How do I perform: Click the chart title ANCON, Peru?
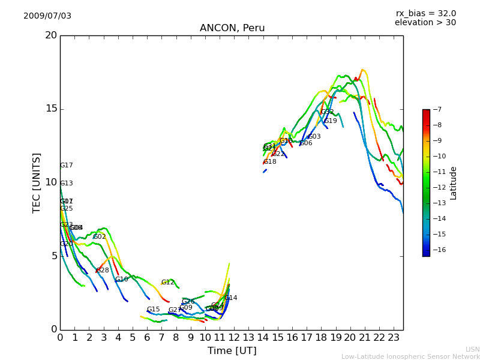pos(232,28)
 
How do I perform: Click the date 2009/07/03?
pos(47,16)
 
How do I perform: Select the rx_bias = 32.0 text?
pos(425,13)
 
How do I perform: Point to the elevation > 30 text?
pos(425,23)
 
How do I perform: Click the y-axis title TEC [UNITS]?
pos(37,182)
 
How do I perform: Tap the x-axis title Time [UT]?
pos(232,350)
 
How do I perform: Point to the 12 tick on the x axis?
pos(234,337)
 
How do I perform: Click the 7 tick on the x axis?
pos(161,337)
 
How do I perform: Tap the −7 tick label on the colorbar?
pos(436,109)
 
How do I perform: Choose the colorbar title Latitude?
pos(454,183)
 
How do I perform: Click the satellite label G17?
pos(66,166)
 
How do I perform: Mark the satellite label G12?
pos(167,283)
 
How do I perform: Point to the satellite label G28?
pos(103,271)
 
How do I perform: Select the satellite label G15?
pos(153,310)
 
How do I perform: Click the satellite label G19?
pos(331,121)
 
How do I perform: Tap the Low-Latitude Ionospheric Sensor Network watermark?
pos(410,356)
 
